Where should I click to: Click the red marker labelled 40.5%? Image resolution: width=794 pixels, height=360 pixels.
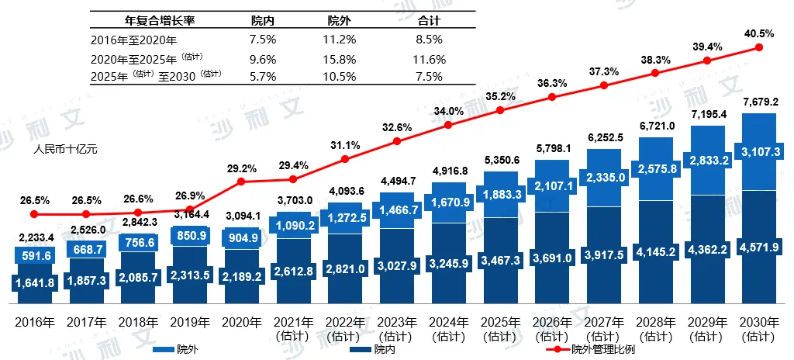pos(760,47)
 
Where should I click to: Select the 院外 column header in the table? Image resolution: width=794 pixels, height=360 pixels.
pos(342,21)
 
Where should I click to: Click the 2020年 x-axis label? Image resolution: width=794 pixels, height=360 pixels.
pos(240,322)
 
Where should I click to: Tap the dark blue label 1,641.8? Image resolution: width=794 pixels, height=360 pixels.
pos(33,283)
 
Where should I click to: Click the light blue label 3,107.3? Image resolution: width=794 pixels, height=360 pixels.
pos(760,151)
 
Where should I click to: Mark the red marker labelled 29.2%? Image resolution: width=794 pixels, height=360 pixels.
pos(240,182)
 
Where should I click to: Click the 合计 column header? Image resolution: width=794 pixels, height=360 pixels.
pos(428,21)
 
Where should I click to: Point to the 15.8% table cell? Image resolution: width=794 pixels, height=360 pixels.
pos(342,59)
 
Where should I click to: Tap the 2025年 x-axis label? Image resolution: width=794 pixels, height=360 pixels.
pos(500,322)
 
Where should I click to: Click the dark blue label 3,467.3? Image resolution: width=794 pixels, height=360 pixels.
pos(500,259)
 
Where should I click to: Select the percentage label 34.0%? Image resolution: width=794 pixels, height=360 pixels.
pos(449,111)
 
